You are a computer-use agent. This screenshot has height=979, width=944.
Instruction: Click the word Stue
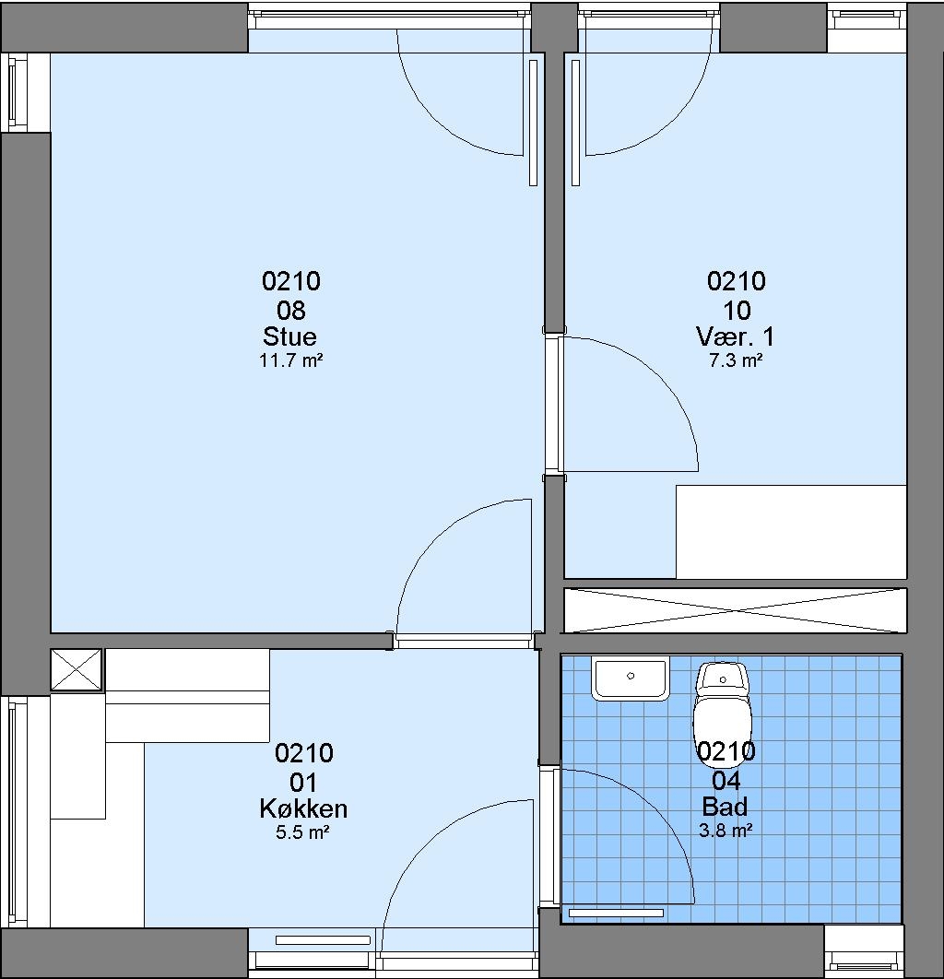[289, 336]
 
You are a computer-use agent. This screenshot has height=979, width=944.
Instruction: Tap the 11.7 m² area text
[291, 360]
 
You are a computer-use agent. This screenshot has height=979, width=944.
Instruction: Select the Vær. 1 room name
[736, 336]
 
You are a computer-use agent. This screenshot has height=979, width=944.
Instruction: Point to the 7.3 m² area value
[736, 360]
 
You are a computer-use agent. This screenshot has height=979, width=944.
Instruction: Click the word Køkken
[303, 808]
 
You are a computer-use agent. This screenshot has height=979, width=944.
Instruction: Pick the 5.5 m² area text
[302, 832]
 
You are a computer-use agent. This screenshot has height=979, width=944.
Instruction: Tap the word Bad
[725, 807]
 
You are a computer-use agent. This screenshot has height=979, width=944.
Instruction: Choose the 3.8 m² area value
[726, 831]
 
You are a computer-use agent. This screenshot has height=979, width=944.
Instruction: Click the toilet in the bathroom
[723, 705]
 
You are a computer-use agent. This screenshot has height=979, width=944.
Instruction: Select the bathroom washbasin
[631, 678]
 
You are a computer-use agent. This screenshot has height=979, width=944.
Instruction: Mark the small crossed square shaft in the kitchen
[76, 669]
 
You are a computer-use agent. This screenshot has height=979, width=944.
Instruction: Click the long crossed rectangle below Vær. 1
[736, 610]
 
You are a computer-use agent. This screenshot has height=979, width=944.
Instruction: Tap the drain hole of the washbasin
[631, 676]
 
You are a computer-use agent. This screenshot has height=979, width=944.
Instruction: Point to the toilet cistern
[723, 678]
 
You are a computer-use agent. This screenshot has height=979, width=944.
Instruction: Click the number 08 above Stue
[291, 310]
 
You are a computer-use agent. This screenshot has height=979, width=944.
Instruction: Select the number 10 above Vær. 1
[737, 310]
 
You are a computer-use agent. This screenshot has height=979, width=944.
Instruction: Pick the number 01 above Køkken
[304, 782]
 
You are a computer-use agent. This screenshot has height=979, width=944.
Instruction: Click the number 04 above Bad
[726, 780]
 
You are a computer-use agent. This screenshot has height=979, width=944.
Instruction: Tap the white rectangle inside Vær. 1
[791, 532]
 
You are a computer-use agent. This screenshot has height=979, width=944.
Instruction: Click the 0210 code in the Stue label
[291, 281]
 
